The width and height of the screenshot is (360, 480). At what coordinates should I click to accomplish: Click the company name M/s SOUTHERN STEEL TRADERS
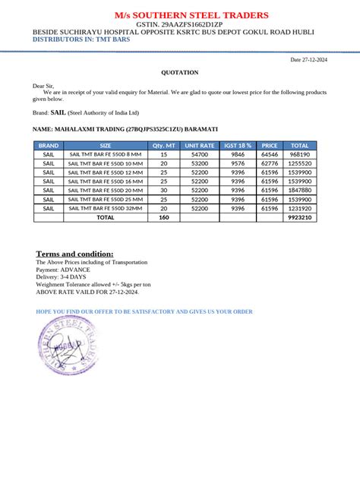[x=180, y=15]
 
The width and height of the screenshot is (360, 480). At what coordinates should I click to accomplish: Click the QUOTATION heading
[x=180, y=72]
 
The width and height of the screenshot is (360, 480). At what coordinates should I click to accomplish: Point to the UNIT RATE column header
[x=200, y=144]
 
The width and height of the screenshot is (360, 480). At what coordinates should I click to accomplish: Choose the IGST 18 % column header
[x=238, y=144]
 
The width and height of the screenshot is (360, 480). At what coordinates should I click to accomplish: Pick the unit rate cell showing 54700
[x=200, y=153]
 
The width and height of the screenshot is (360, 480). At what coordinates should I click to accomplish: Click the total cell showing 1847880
[x=300, y=190]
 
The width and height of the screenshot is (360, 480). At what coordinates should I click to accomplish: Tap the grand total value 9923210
[x=300, y=217]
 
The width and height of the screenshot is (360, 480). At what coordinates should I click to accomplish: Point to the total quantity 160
[x=163, y=217]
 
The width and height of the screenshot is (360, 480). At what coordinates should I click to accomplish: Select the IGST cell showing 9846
[x=238, y=153]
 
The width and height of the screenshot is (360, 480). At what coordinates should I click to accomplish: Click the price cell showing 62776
[x=269, y=163]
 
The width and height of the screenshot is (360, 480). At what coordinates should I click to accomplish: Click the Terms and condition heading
[x=75, y=254]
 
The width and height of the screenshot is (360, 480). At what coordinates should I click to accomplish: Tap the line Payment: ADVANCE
[x=63, y=270]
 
